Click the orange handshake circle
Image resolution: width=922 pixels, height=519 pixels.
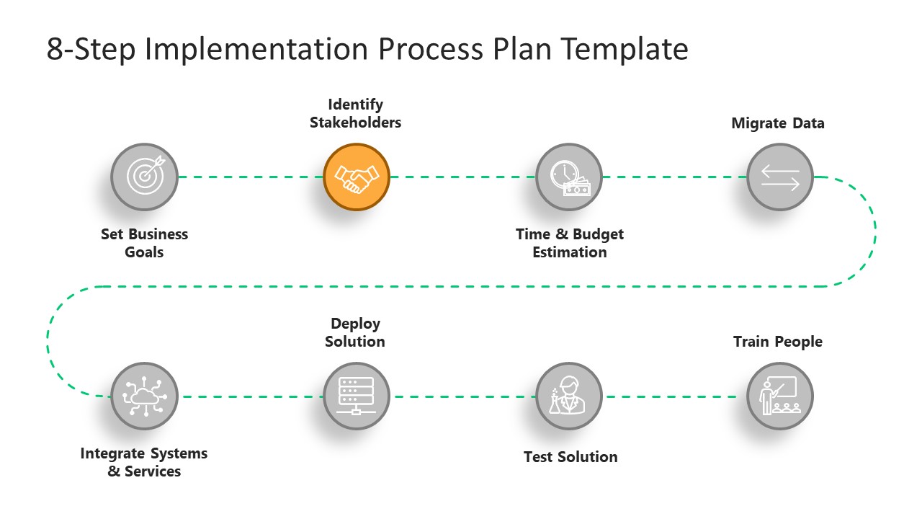(x=357, y=177)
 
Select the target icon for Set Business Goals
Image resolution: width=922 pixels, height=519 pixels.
(x=144, y=177)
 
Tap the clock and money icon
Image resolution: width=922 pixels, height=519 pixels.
(x=569, y=177)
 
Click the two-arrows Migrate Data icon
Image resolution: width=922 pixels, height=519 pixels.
(x=780, y=177)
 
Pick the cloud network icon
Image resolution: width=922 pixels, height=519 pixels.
(x=144, y=396)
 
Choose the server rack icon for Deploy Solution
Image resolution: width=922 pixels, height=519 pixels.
(x=357, y=396)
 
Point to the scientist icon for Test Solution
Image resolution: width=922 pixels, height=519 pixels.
(x=569, y=396)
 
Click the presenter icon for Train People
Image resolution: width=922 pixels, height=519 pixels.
(x=780, y=396)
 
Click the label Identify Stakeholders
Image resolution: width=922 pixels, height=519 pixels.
(x=355, y=114)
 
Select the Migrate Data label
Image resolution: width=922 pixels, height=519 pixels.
(x=778, y=123)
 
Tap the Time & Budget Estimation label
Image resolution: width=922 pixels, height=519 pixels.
(x=570, y=243)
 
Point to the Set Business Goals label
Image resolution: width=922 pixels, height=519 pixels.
(x=144, y=243)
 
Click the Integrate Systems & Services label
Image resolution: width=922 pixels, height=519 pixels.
(x=144, y=462)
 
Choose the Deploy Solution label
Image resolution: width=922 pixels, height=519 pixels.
(x=355, y=332)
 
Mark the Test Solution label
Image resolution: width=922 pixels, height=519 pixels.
(x=570, y=457)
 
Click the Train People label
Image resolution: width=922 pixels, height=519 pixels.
(x=778, y=342)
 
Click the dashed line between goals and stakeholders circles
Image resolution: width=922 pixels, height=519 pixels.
(x=250, y=177)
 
